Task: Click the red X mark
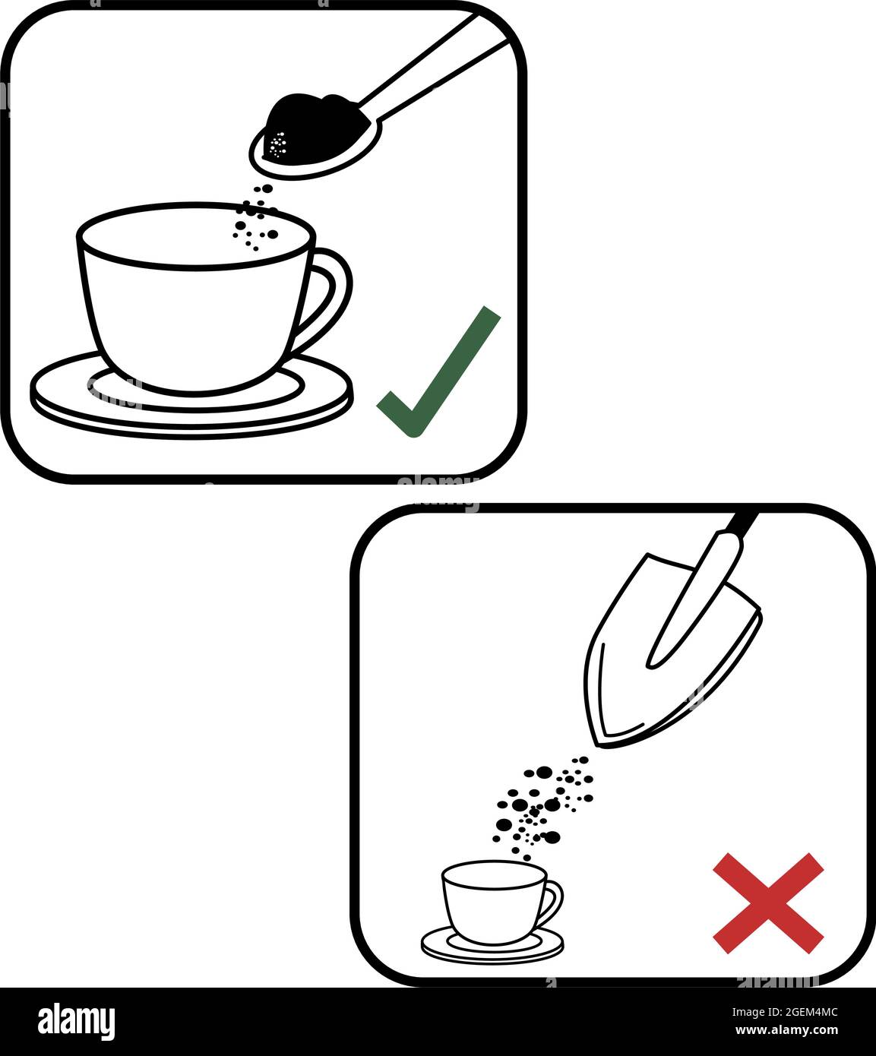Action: click(767, 903)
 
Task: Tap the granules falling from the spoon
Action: click(255, 220)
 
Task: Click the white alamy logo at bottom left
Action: click(77, 1022)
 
